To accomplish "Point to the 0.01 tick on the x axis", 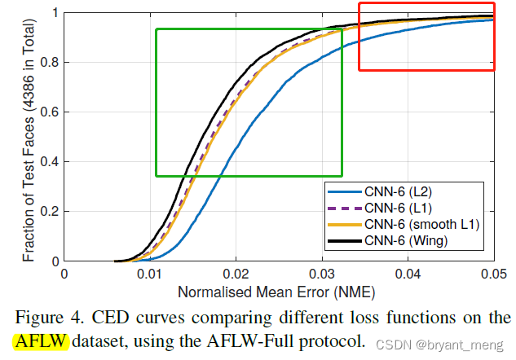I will pos(150,274).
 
